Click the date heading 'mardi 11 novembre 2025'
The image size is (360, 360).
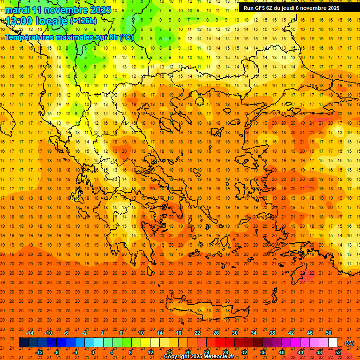[x=58, y=10]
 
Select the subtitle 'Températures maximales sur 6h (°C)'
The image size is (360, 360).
[x=69, y=37]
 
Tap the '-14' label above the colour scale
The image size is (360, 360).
[x=30, y=333]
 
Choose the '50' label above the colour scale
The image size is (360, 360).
[x=329, y=333]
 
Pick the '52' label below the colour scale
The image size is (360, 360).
[x=338, y=352]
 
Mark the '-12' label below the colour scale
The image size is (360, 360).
[x=39, y=352]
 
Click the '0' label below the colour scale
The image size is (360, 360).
[x=93, y=352]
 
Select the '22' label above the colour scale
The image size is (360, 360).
[x=197, y=333]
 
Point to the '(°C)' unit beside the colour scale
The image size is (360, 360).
[x=349, y=343]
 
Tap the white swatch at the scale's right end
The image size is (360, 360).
[x=333, y=343]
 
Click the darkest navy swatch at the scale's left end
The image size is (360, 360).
[x=23, y=343]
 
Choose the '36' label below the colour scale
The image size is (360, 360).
[x=263, y=352]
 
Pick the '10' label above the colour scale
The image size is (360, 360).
[x=141, y=333]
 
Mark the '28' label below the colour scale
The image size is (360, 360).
[x=225, y=352]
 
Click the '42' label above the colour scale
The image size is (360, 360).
[x=291, y=333]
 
